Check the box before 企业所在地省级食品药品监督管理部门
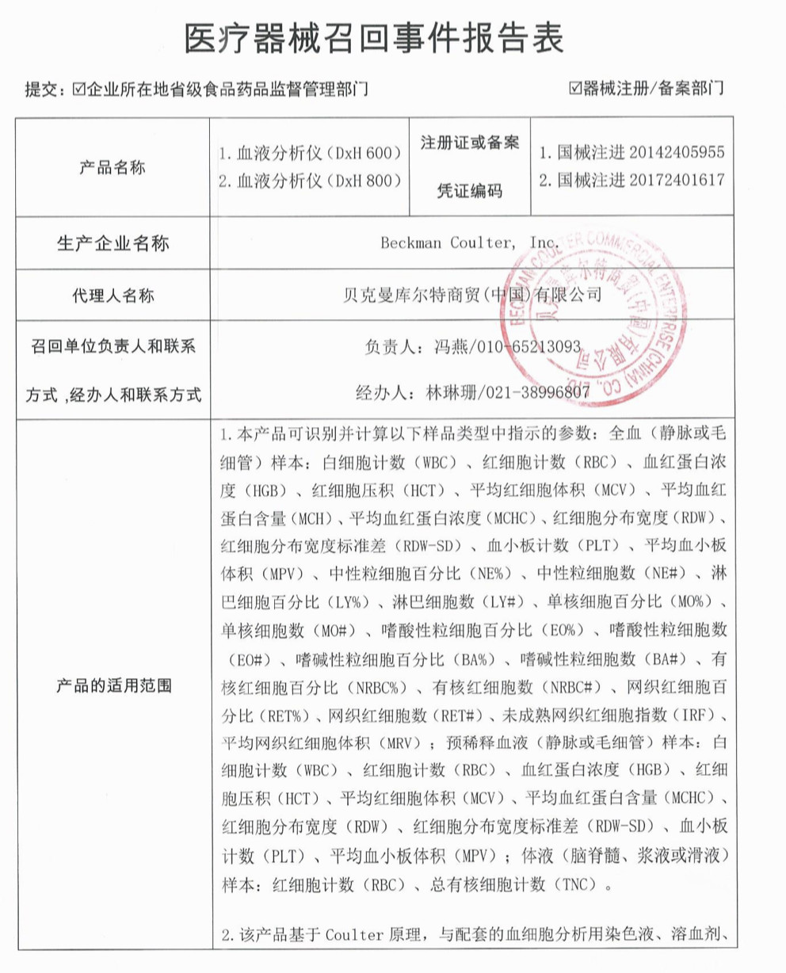pyautogui.click(x=78, y=89)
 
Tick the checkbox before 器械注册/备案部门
pyautogui.click(x=575, y=88)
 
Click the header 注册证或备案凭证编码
pyautogui.click(x=469, y=167)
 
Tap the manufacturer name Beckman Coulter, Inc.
pyautogui.click(x=470, y=242)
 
